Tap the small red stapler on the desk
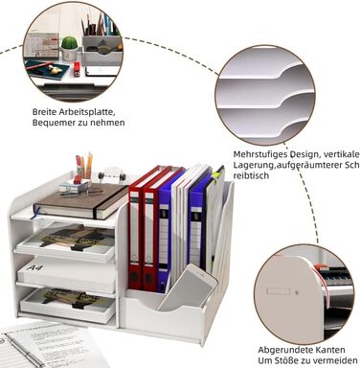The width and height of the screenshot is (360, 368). click(x=77, y=69)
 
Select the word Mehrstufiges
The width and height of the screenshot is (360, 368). click(x=259, y=154)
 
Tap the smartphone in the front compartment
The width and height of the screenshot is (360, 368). click(x=187, y=287)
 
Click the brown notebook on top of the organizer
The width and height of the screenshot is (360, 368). click(x=81, y=200)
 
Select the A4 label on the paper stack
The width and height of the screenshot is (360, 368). click(x=34, y=266)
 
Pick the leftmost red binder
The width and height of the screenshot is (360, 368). click(x=140, y=227)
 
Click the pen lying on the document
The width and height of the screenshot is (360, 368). click(x=24, y=349)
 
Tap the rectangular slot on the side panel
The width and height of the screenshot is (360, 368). click(x=278, y=291)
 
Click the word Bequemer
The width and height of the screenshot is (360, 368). click(x=51, y=123)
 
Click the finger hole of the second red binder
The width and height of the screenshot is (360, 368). click(x=148, y=279)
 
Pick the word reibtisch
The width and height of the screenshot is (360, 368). click(x=251, y=175)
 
